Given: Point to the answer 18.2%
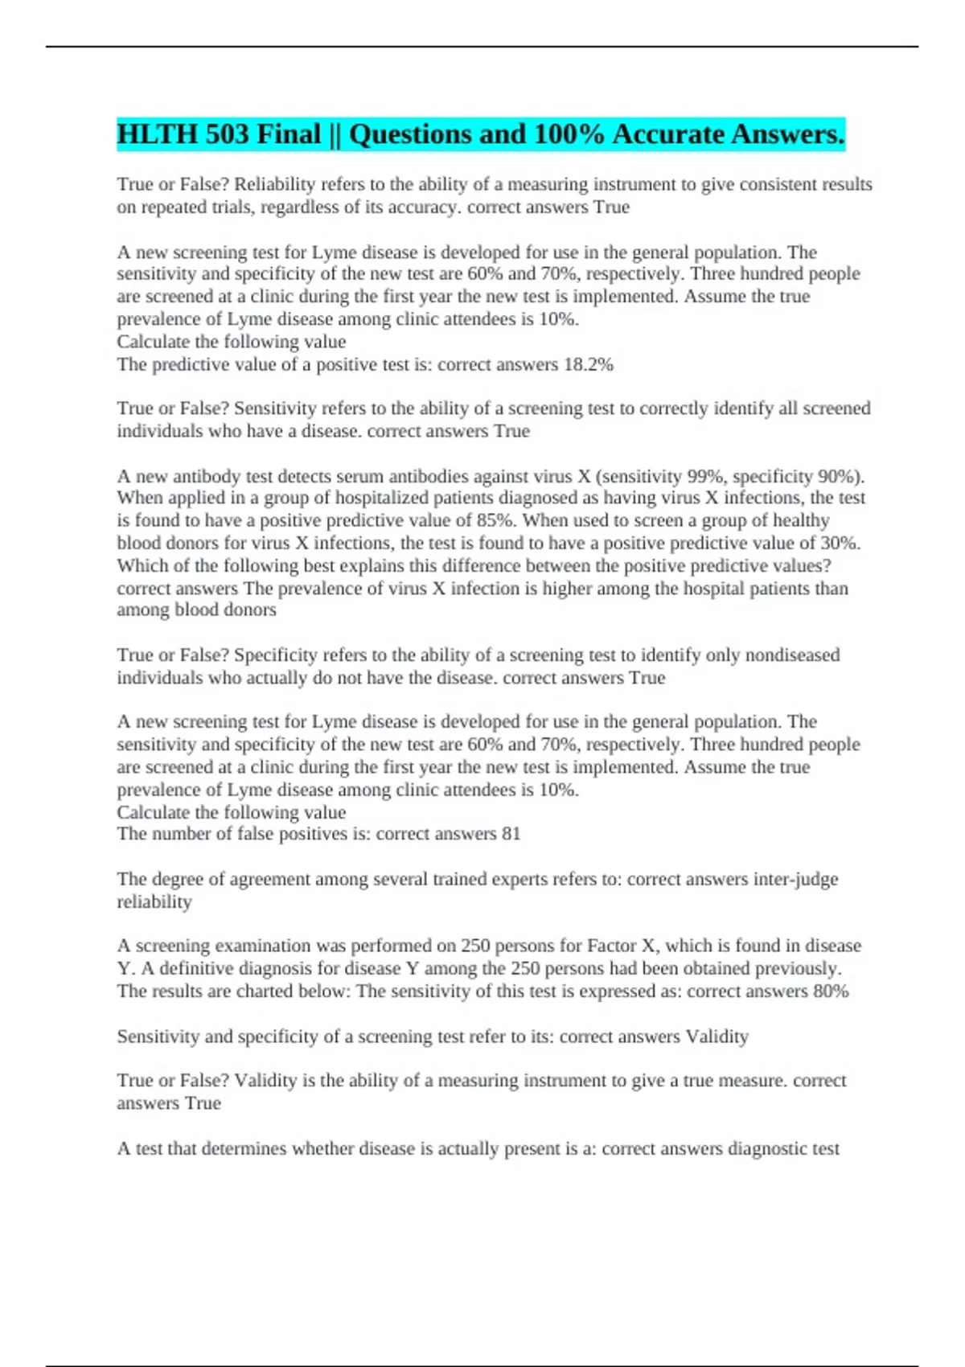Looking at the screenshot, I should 589,365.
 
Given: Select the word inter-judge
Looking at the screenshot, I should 795,880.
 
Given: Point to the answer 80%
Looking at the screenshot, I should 831,991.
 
